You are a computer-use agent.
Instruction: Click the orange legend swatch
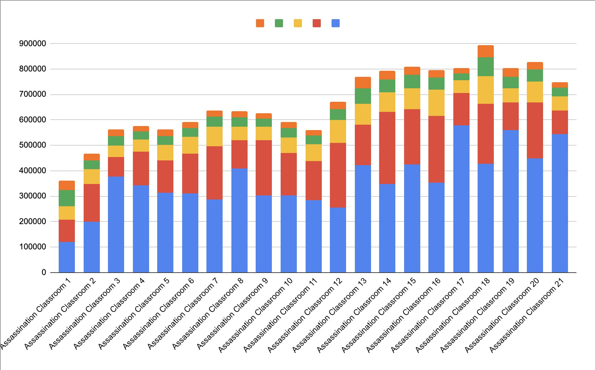click(x=260, y=23)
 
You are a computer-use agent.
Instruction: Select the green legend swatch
click(x=279, y=23)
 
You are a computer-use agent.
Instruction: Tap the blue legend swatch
click(x=336, y=23)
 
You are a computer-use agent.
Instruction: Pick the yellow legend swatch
click(x=298, y=23)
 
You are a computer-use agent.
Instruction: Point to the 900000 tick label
click(x=33, y=43)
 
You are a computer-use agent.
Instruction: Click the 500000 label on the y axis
click(x=33, y=145)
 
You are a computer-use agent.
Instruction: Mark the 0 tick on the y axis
click(x=44, y=272)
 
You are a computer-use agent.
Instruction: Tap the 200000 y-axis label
click(x=33, y=221)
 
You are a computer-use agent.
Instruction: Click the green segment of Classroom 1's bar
click(x=67, y=198)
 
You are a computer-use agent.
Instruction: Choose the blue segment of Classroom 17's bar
click(x=461, y=199)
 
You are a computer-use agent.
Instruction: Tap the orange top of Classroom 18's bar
click(x=486, y=51)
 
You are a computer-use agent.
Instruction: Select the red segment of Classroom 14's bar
click(x=387, y=148)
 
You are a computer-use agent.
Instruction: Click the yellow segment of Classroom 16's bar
click(x=436, y=103)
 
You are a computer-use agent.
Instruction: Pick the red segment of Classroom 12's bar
click(x=338, y=175)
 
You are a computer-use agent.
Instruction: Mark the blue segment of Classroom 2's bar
click(x=92, y=247)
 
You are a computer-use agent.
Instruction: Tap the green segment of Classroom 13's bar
click(x=363, y=96)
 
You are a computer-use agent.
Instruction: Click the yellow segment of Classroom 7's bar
click(x=215, y=136)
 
